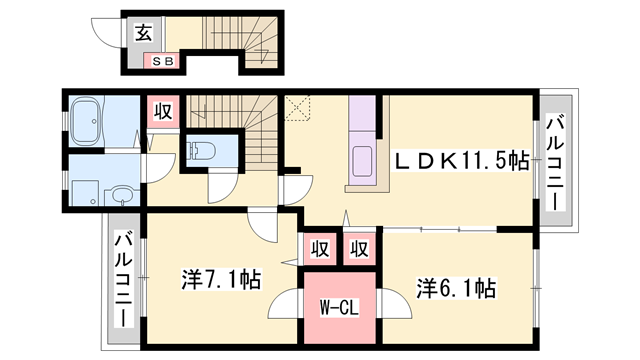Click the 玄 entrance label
point(143,32)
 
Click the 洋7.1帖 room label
point(221,278)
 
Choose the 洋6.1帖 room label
point(455,289)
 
